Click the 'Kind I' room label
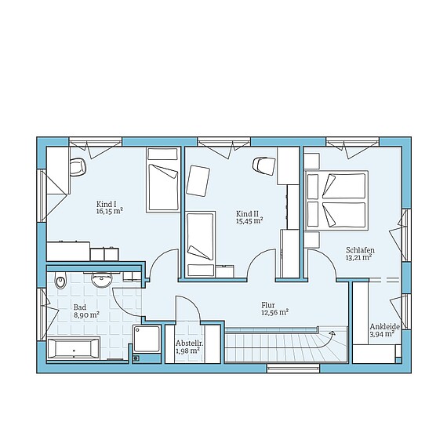click(106, 204)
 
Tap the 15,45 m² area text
click(249, 220)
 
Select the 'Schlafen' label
click(360, 250)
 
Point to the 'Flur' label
click(268, 305)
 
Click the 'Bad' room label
click(80, 307)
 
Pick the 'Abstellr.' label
click(188, 343)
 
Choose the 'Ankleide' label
click(384, 327)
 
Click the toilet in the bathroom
click(60, 281)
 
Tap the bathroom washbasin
click(101, 280)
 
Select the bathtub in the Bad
click(73, 348)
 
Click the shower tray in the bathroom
click(147, 339)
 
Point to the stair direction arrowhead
click(332, 333)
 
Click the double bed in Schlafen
click(336, 201)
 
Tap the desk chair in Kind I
click(78, 167)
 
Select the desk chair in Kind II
click(264, 165)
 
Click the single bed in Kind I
click(163, 180)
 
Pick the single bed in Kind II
click(201, 245)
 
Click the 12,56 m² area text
click(275, 312)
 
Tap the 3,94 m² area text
click(382, 334)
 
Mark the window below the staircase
click(293, 368)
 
